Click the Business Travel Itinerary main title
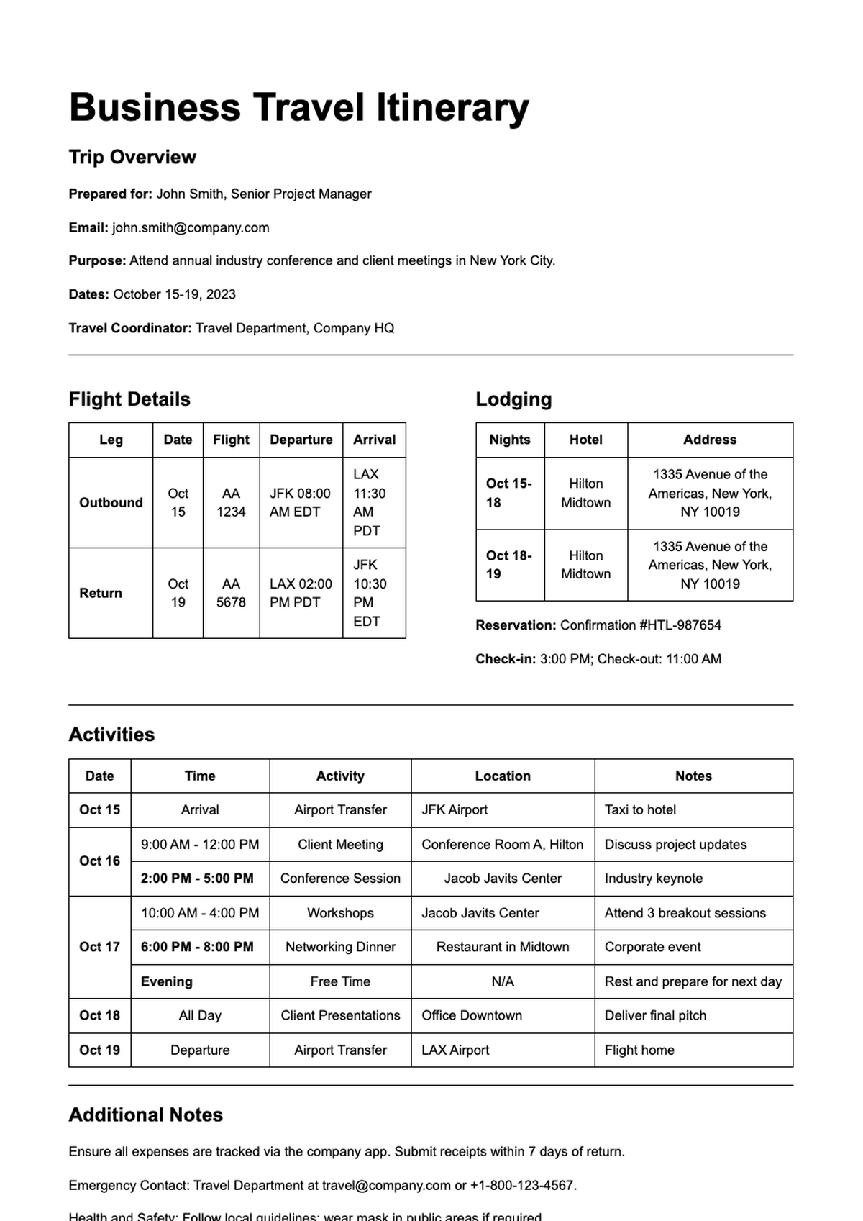(x=298, y=108)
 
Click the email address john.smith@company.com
(x=191, y=227)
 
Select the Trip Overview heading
(x=132, y=157)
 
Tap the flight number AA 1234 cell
(x=231, y=502)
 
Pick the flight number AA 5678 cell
(x=231, y=593)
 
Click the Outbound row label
(x=111, y=502)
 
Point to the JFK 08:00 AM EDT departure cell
(x=300, y=502)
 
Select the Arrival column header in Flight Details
(x=374, y=440)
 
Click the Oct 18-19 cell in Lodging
(x=509, y=565)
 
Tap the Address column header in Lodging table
(x=709, y=440)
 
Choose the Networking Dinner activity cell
(x=340, y=947)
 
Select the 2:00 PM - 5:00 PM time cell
(x=197, y=879)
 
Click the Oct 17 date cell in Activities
(x=99, y=947)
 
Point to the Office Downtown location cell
(x=472, y=1015)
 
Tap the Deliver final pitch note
(x=655, y=1015)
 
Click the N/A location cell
(x=502, y=981)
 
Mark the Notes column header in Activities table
(x=693, y=776)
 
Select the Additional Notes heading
(x=145, y=1115)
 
